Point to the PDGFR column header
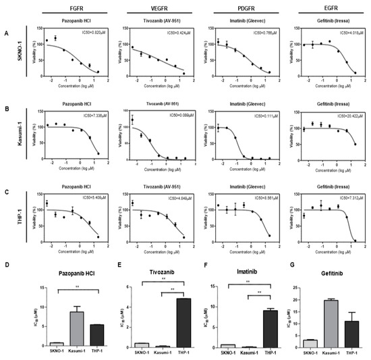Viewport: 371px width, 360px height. (241, 8)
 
